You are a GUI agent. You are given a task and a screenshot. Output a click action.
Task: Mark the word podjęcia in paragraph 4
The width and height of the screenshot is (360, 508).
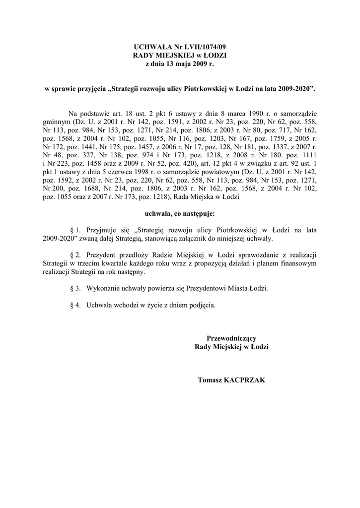coord(202,306)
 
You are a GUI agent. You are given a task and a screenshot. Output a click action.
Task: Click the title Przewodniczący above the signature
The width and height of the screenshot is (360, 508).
coord(231,339)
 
